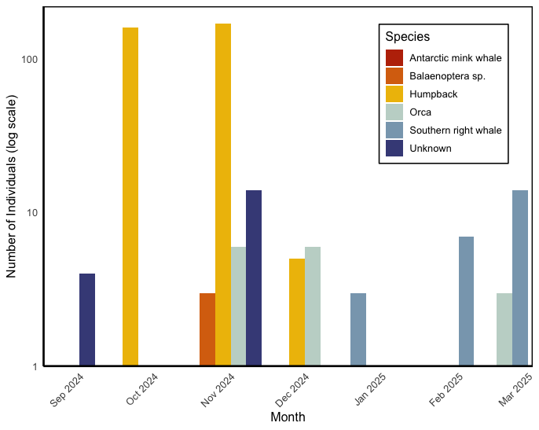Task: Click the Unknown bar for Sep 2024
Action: point(87,319)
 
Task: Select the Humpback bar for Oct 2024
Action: point(130,197)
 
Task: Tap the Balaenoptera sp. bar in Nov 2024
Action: point(207,329)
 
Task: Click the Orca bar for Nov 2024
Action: point(238,306)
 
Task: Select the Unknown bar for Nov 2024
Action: point(254,277)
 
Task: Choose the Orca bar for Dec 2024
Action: point(313,306)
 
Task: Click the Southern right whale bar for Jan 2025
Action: point(358,329)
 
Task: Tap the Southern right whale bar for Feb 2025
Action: point(467,300)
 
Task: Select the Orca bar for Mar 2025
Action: point(504,329)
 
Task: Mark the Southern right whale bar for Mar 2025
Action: point(520,277)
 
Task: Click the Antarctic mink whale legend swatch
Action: point(394,58)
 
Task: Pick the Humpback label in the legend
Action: point(434,94)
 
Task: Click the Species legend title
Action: point(407,37)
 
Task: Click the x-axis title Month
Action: point(288,417)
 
